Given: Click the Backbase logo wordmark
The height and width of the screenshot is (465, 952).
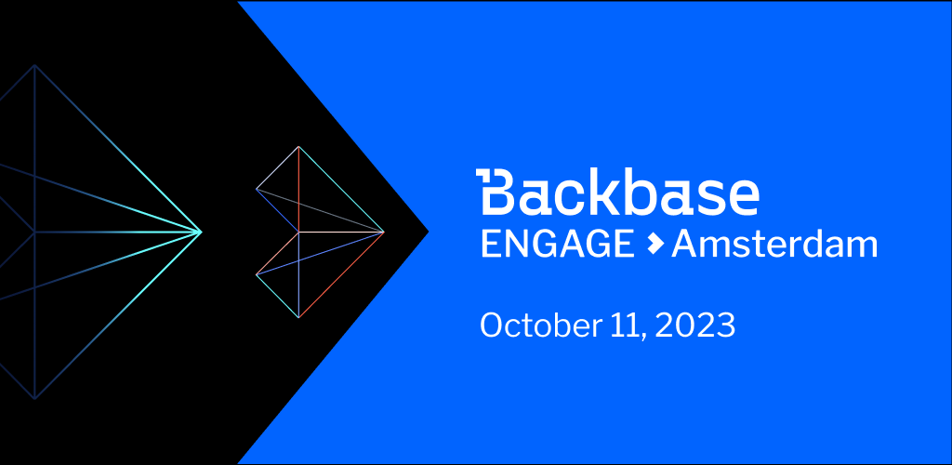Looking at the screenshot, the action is [x=617, y=192].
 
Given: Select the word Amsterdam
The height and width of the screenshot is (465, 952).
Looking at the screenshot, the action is [x=774, y=245].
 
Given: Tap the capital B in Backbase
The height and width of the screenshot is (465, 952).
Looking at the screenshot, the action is [x=496, y=192].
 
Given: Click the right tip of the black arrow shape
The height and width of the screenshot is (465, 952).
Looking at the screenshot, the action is [x=429, y=232].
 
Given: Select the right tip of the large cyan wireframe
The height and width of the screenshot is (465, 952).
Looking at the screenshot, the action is [x=202, y=232].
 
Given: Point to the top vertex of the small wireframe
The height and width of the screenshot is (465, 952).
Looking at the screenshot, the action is [x=298, y=146].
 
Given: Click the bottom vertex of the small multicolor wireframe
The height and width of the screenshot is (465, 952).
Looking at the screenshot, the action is [x=298, y=317].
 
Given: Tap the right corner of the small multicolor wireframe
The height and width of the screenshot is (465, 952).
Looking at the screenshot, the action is [x=384, y=232].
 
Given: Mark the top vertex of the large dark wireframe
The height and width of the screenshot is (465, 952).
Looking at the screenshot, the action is [x=34, y=65].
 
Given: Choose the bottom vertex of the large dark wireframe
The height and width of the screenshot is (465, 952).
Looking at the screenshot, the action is [x=34, y=399].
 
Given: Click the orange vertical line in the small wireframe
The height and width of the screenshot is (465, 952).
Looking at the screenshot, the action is [x=298, y=189].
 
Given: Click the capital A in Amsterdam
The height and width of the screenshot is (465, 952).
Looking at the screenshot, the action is [x=683, y=246].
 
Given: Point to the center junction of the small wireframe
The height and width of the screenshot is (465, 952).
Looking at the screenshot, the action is [x=298, y=232].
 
